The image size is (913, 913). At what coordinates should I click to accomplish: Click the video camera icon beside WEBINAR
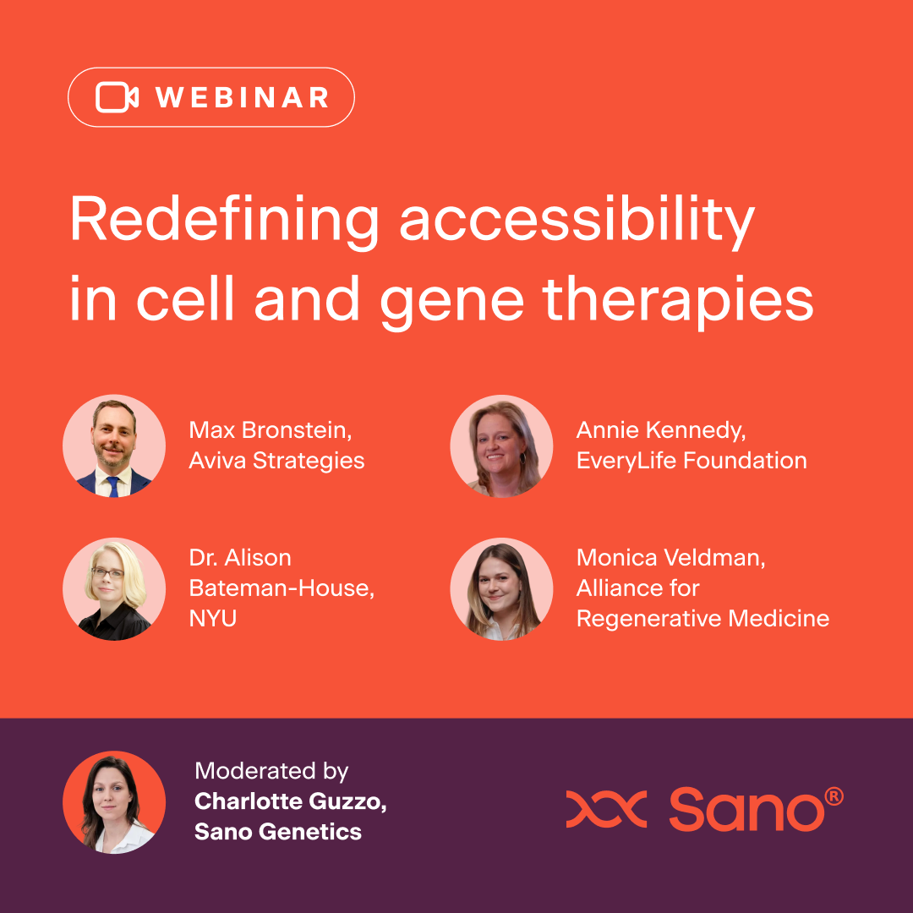click(x=117, y=97)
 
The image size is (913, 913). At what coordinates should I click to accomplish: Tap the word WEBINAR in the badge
click(x=243, y=97)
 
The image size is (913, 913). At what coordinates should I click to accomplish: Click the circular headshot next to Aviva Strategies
click(x=114, y=446)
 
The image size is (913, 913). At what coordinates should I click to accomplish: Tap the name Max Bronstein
click(x=270, y=430)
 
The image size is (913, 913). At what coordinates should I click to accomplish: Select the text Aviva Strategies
click(x=276, y=461)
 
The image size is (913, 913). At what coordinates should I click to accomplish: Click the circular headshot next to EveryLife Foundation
click(x=501, y=446)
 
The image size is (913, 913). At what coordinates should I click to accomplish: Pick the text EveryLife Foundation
click(x=691, y=461)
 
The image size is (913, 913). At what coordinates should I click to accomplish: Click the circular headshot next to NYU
click(x=114, y=589)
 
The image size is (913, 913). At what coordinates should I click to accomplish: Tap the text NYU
click(x=213, y=618)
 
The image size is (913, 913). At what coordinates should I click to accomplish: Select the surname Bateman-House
click(x=282, y=588)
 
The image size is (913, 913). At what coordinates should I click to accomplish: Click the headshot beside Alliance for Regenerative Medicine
click(x=501, y=589)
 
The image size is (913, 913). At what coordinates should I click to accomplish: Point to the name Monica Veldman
click(x=670, y=558)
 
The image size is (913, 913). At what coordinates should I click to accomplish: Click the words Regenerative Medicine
click(x=703, y=618)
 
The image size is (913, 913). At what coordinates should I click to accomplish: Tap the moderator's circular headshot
click(x=114, y=801)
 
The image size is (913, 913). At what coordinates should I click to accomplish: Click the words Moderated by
click(x=271, y=771)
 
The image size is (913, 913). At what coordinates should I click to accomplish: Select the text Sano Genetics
click(x=278, y=831)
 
